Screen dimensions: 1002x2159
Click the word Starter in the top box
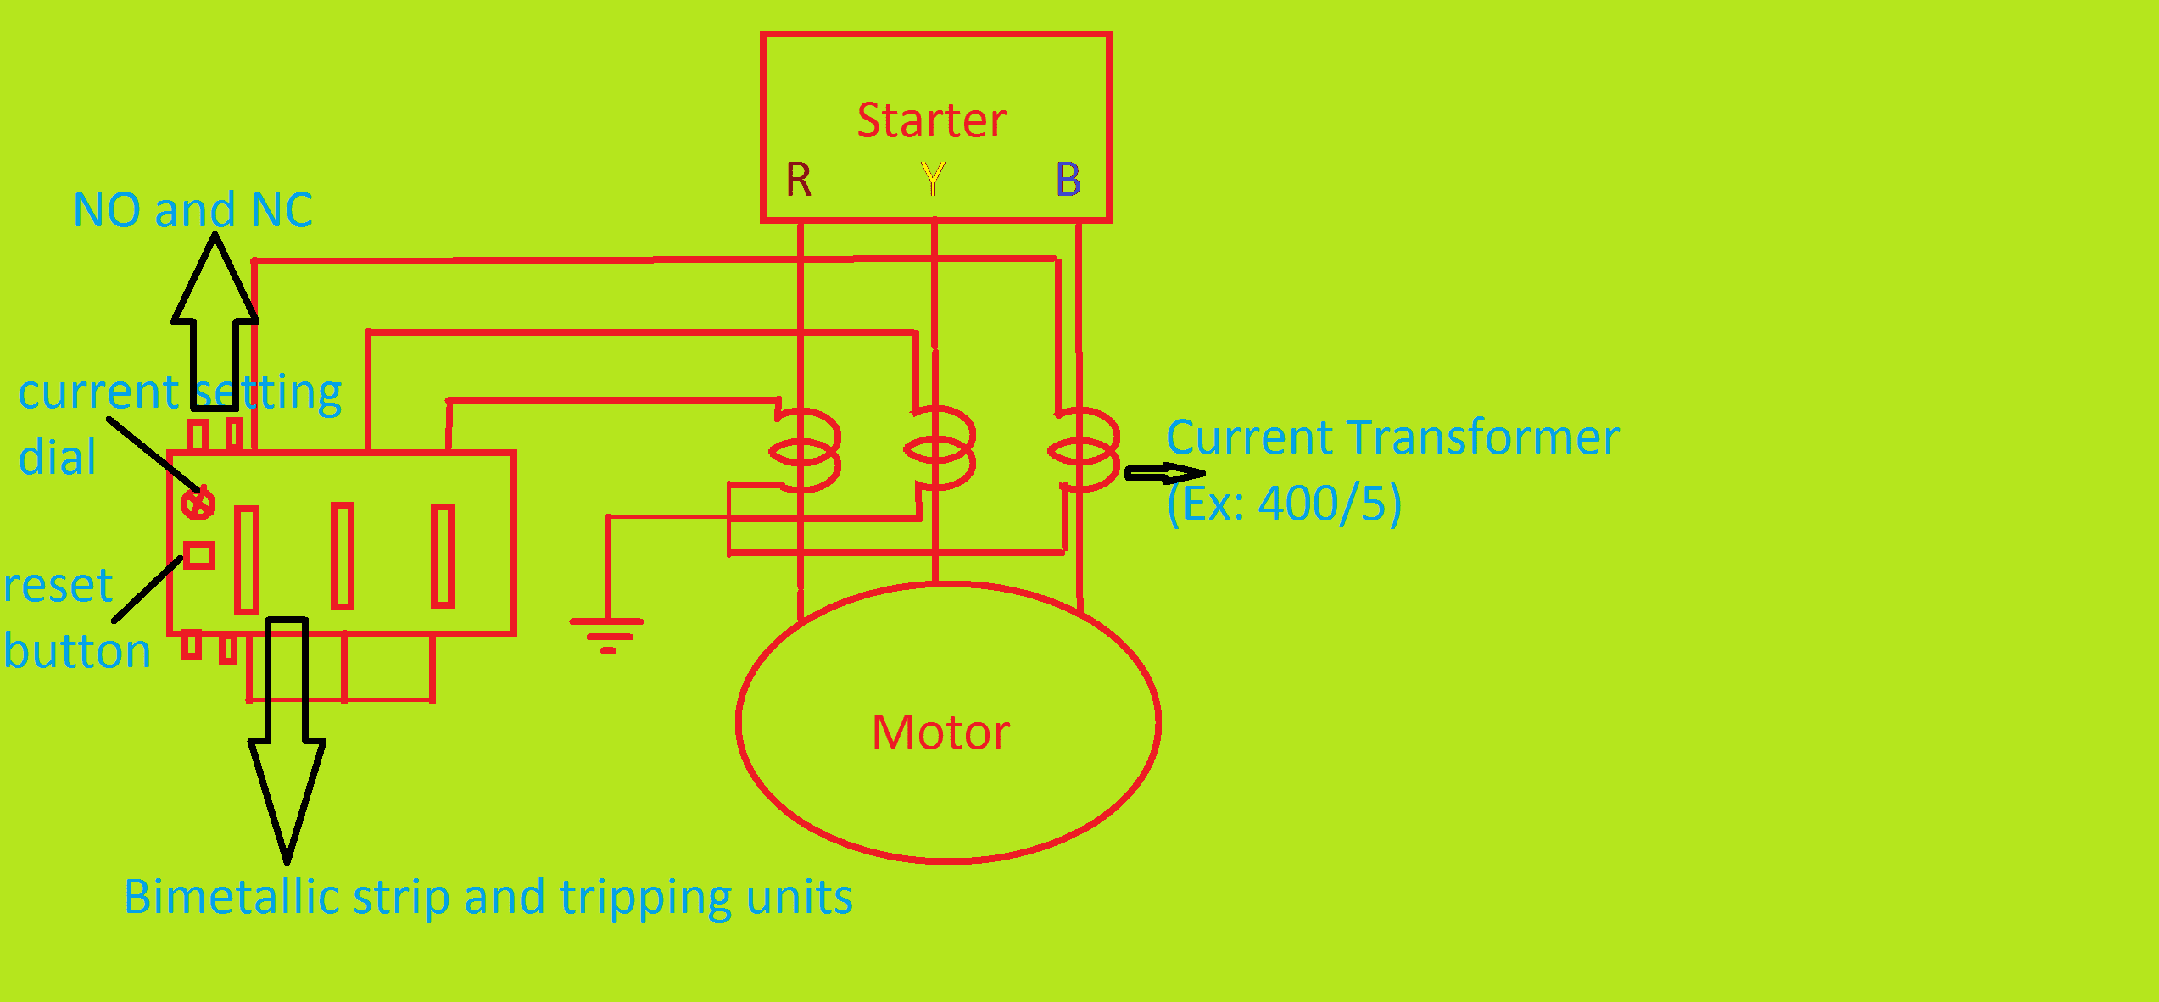[931, 120]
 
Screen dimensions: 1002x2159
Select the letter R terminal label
[798, 180]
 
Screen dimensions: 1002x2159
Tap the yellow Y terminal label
[933, 179]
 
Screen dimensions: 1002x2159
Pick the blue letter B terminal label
[1068, 180]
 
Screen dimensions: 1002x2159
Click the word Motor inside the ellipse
[940, 732]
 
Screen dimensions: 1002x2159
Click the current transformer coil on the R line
[805, 450]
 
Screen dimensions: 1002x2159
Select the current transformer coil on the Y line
[940, 448]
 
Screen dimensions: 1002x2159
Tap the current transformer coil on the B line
[1084, 449]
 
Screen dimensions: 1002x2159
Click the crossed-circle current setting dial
[198, 504]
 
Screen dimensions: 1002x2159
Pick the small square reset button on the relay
[200, 555]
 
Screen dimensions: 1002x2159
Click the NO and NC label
[192, 210]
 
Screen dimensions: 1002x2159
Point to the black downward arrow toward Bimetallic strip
[287, 738]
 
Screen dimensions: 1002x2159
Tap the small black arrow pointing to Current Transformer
[1164, 473]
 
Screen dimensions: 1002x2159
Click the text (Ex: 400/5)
[1284, 504]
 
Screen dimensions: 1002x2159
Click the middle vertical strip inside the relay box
[343, 556]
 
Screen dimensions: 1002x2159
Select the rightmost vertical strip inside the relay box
[443, 556]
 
